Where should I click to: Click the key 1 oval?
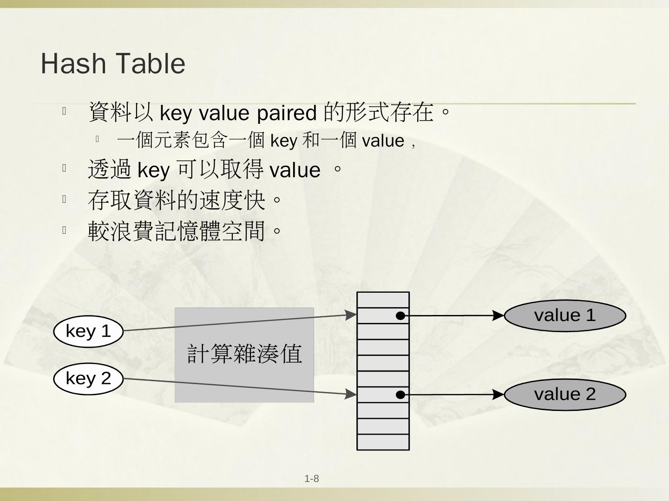pos(88,331)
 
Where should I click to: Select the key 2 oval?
pos(88,379)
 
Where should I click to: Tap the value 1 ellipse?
pos(565,315)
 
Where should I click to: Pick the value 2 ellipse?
pos(565,394)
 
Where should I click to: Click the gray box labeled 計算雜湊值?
pos(244,355)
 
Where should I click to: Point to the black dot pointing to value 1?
pos(400,316)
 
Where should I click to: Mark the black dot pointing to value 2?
pos(400,395)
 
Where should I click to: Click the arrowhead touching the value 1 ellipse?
pos(498,315)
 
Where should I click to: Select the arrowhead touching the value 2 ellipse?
pos(498,394)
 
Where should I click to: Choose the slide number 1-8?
pos(312,479)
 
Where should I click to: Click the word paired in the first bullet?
pos(286,113)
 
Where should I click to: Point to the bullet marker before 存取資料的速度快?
pos(65,199)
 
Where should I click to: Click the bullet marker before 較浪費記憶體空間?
pos(65,230)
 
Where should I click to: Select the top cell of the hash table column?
pos(383,300)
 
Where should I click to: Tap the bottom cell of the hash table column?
pos(383,442)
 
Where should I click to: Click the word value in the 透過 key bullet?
pos(295,170)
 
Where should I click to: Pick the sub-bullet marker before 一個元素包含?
pos(98,139)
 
